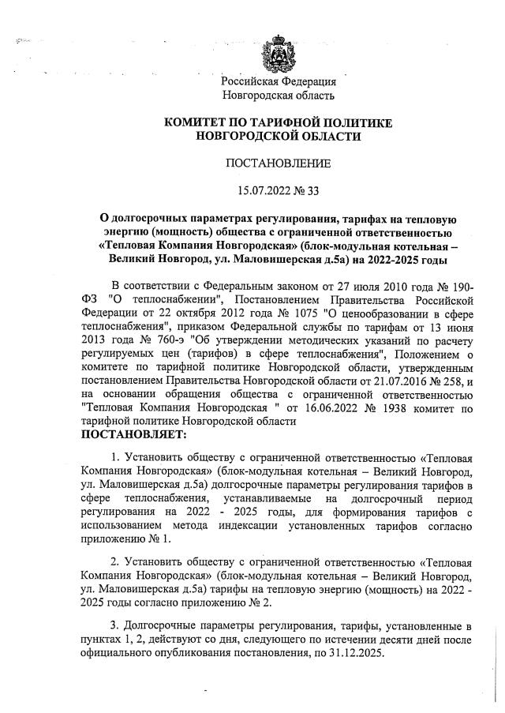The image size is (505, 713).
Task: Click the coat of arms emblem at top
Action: click(279, 54)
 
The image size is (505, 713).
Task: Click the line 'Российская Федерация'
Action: click(279, 81)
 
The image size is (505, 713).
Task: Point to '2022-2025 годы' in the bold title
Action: click(403, 258)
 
